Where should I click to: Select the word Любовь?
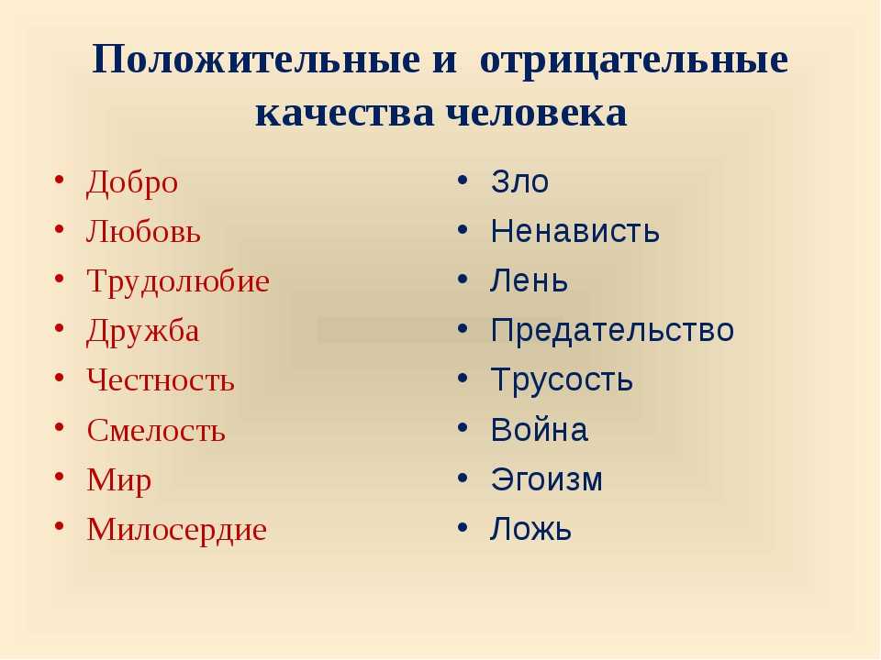pyautogui.click(x=143, y=231)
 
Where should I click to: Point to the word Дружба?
pyautogui.click(x=143, y=331)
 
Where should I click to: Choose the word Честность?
pyautogui.click(x=161, y=379)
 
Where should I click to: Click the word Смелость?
pyautogui.click(x=156, y=431)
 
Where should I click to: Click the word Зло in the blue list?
pyautogui.click(x=519, y=181)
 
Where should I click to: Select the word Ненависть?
pyautogui.click(x=575, y=231)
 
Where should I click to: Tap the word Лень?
pyautogui.click(x=529, y=280)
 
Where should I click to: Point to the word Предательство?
pyautogui.click(x=612, y=331)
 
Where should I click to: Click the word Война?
pyautogui.click(x=540, y=430)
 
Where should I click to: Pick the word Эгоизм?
pyautogui.click(x=547, y=479)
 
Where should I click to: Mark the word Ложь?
pyautogui.click(x=530, y=529)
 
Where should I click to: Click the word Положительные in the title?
pyautogui.click(x=256, y=60)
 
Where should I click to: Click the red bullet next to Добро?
pyautogui.click(x=59, y=180)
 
